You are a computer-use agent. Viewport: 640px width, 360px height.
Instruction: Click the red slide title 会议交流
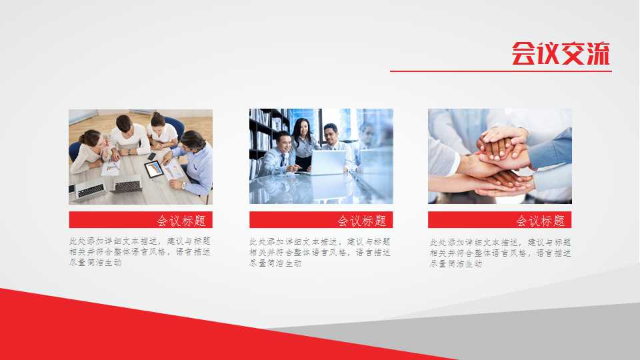pos(561,53)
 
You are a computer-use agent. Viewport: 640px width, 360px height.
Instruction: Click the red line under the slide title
pos(500,71)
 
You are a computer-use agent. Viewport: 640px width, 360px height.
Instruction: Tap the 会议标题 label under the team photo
pos(181,221)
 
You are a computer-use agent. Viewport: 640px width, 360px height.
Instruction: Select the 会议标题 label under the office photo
pos(361,221)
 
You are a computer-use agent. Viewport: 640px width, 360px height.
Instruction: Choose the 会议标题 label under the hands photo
pos(540,221)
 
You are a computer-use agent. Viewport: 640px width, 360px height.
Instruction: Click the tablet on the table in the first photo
pos(154,169)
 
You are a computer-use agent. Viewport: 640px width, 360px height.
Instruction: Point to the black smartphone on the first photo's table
pos(151,157)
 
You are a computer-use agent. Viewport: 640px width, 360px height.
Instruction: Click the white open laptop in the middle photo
pos(327,162)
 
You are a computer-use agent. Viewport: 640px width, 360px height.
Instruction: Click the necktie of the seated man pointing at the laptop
pos(283,160)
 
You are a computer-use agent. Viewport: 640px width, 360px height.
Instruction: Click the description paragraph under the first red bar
pos(139,252)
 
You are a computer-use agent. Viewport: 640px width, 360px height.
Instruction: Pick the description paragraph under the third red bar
pos(500,253)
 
